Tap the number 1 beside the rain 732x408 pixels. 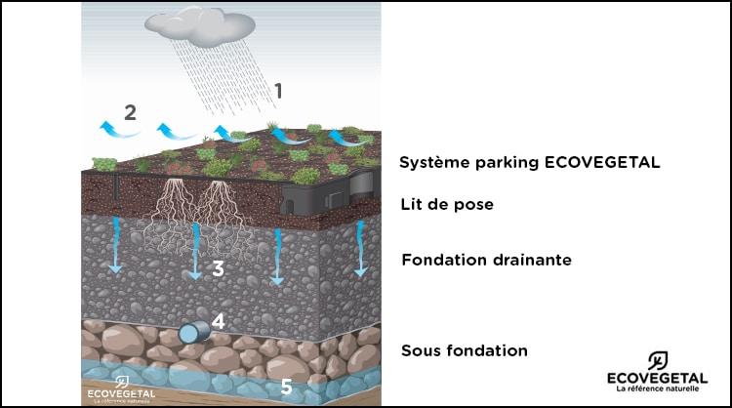coord(278,91)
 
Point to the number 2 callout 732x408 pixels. coord(130,112)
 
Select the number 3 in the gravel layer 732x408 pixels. coord(218,268)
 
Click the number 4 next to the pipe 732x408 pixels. coord(218,321)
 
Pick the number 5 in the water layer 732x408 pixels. coord(286,387)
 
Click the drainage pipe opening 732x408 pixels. coord(189,334)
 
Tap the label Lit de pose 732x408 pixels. coord(447,204)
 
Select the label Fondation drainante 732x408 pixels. coord(486,260)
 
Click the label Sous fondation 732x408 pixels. coord(465,350)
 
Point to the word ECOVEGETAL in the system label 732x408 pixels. coord(602,162)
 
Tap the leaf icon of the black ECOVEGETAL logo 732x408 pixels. coord(657,361)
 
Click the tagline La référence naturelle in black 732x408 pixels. coord(657,388)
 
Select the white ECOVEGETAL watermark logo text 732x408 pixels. coord(121,393)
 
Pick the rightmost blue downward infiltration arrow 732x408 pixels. coord(360,248)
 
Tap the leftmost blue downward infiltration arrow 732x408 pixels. coord(115,245)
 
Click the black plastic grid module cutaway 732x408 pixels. coord(328,192)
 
